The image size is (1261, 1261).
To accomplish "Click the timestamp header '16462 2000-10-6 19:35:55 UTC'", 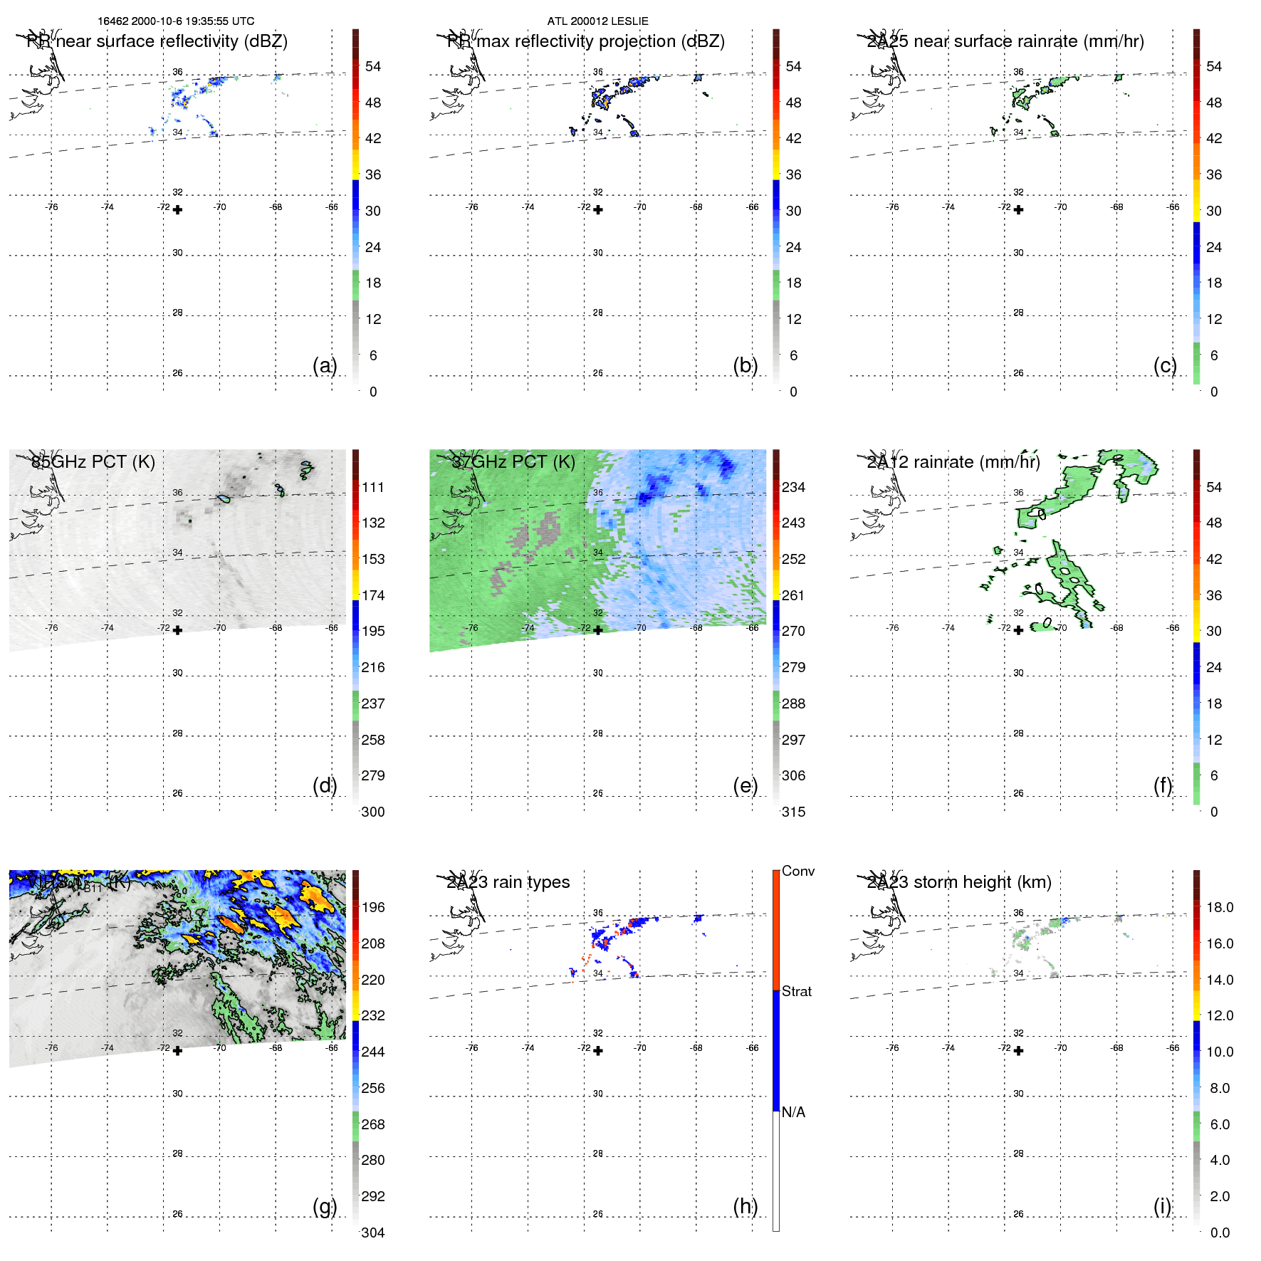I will [176, 21].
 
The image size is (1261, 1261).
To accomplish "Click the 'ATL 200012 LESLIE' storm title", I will [597, 21].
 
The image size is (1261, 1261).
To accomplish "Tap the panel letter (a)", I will [324, 365].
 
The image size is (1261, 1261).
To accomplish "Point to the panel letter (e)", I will [745, 785].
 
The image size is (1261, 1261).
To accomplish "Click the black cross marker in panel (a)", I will [177, 210].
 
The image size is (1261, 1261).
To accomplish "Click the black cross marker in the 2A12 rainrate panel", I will [1018, 630].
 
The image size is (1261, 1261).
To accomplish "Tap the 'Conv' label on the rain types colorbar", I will [797, 871].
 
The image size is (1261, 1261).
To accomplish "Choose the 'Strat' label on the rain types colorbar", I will [796, 991].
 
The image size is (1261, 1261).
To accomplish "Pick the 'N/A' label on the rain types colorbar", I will [793, 1112].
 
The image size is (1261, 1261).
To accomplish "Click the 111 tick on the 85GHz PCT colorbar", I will [373, 487].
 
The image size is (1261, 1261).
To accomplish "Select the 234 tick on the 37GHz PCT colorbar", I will [793, 487].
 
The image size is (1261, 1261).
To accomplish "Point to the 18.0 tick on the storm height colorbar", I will [1220, 907].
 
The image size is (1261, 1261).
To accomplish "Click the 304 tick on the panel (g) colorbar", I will [373, 1233].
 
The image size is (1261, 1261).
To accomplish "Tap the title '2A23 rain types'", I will [508, 882].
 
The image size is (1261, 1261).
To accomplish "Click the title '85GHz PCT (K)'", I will [93, 462].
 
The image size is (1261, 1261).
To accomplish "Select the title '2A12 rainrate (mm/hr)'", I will [953, 462].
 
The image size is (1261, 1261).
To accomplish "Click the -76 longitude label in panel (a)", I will [51, 207].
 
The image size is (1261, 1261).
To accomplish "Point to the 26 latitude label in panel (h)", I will [598, 1214].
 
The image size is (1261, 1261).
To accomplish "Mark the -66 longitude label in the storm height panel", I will [1173, 1048].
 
